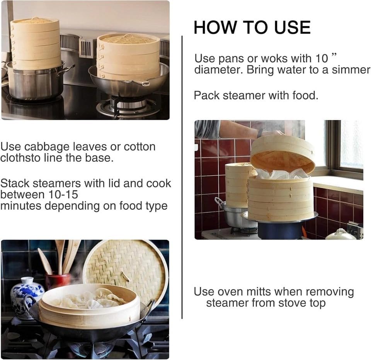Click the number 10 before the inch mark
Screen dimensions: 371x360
322,58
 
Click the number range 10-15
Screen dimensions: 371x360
63,194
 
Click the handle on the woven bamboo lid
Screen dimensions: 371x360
124,277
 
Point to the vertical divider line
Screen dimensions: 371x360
182,177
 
